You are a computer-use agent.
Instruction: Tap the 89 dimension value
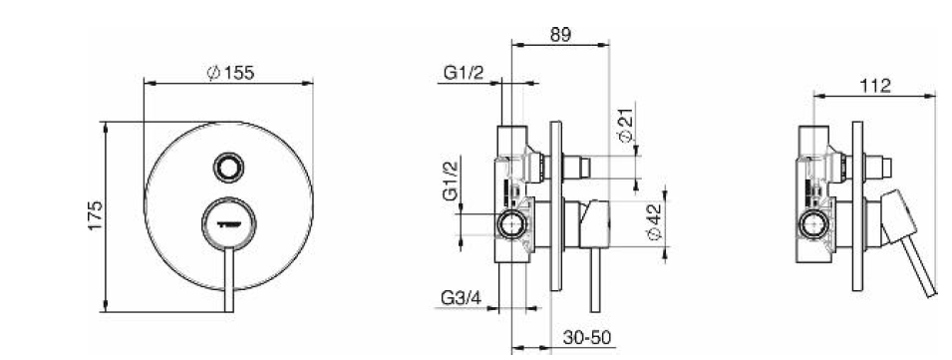click(560, 34)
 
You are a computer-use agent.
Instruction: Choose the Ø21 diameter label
click(624, 129)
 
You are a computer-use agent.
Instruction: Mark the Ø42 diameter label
click(654, 221)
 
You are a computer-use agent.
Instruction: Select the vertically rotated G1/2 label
click(451, 181)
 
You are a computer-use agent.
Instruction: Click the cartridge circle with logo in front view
click(228, 222)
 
